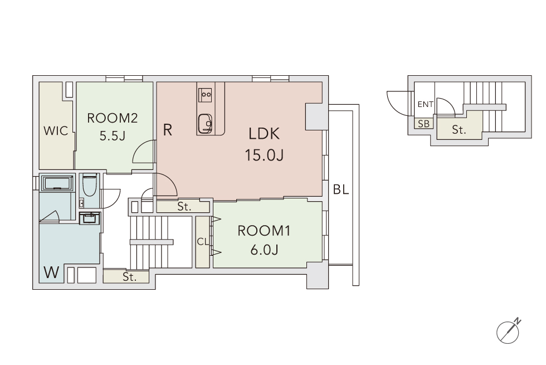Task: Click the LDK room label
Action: [x=264, y=134]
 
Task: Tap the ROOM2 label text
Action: [x=112, y=118]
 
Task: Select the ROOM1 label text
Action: [x=264, y=231]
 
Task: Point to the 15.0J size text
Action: [x=264, y=155]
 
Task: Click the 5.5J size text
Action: [x=112, y=136]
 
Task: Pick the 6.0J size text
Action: [x=264, y=250]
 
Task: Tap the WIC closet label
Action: [x=56, y=131]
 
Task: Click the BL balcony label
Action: [x=341, y=189]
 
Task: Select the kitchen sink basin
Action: [x=205, y=124]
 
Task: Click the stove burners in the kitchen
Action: [x=205, y=94]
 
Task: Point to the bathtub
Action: [x=57, y=183]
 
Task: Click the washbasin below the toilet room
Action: [x=90, y=218]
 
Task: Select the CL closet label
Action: [x=203, y=241]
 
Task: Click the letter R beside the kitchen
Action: [x=168, y=130]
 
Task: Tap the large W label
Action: [x=51, y=272]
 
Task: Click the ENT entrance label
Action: [x=425, y=104]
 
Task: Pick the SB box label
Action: [x=423, y=124]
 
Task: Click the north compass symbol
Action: [x=508, y=331]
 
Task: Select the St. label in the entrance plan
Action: [x=459, y=130]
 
